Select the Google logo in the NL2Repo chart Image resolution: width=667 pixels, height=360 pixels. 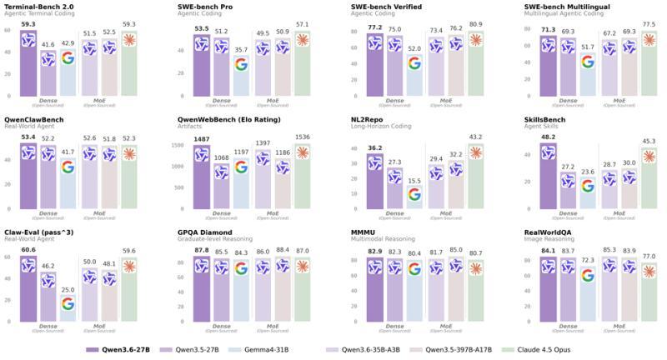[x=414, y=195]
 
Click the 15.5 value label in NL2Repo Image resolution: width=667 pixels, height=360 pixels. [x=414, y=181]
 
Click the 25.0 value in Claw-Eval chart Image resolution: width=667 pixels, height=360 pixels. [x=68, y=289]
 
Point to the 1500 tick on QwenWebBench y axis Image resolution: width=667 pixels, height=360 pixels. [x=178, y=145]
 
